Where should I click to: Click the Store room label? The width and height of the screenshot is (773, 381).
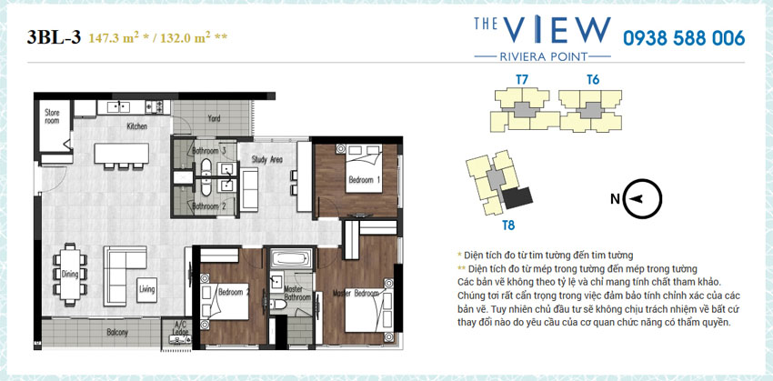click(x=52, y=116)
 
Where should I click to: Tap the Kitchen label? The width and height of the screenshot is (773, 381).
click(x=136, y=126)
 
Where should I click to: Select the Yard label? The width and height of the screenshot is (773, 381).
click(x=214, y=118)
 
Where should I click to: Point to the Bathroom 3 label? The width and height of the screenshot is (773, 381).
click(x=208, y=150)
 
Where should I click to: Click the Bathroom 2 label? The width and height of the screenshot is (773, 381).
click(x=208, y=206)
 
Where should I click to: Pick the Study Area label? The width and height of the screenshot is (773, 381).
click(x=267, y=159)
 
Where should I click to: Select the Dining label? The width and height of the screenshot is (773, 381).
click(x=70, y=273)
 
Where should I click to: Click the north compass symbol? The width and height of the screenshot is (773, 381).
click(x=642, y=197)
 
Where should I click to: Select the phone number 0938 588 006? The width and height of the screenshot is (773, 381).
click(x=683, y=38)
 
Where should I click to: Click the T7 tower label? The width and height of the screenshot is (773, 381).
click(x=522, y=80)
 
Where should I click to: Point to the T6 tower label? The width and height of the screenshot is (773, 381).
click(x=592, y=80)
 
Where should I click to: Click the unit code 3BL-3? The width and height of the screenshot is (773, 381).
click(x=54, y=37)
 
